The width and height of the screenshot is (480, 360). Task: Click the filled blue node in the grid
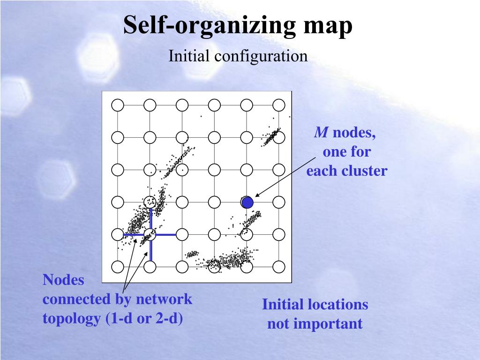point(247,202)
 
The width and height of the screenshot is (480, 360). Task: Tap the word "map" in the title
point(327,26)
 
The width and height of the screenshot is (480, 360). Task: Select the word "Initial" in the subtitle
point(189,56)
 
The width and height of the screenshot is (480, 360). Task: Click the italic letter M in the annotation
point(321,133)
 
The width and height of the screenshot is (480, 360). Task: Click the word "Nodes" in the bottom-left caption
point(63,280)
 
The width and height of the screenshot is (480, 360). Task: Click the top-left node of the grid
point(118,105)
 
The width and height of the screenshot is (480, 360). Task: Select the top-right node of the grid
point(279,105)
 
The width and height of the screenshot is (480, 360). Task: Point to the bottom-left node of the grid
point(118,267)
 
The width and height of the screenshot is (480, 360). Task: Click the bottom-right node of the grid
point(279,267)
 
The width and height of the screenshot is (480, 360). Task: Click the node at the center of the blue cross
point(150,234)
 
